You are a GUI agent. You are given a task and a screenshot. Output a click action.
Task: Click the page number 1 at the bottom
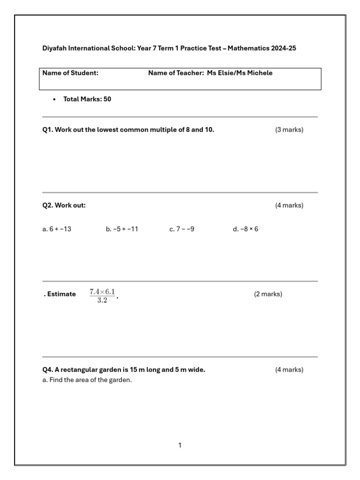point(180,445)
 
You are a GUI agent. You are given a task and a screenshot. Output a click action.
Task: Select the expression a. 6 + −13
point(57,229)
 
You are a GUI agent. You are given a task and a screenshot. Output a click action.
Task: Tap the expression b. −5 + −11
point(122,229)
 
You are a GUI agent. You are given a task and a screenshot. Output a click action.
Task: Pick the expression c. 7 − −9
point(182,229)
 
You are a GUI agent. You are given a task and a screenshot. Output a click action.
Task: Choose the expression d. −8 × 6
point(246,229)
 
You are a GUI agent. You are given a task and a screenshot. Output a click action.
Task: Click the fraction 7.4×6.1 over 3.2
point(102,296)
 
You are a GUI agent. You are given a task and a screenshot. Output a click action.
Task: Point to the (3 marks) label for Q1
point(289,130)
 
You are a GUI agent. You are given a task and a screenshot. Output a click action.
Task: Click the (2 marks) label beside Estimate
point(268,294)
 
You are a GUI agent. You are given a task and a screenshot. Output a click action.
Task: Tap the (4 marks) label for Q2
point(289,205)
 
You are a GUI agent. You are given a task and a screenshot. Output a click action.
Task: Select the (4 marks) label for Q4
point(289,370)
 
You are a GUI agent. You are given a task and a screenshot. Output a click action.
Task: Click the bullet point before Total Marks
point(54,99)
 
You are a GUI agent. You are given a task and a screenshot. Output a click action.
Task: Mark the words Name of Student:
point(70,73)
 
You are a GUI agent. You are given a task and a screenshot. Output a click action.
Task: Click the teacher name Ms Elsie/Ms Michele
point(240,73)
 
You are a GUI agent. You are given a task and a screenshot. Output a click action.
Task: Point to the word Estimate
point(61,294)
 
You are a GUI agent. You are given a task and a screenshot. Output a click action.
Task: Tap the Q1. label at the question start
point(48,130)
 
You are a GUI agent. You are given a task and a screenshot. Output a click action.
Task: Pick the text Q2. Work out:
point(64,205)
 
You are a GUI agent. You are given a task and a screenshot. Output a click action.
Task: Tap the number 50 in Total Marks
point(107,99)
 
